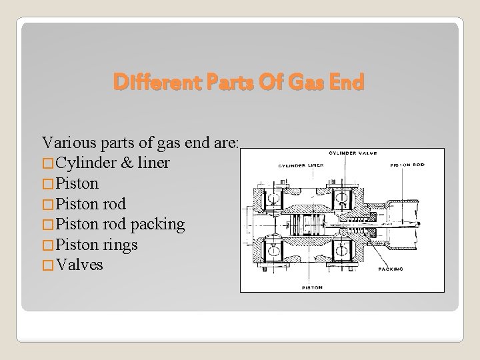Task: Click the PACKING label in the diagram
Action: pyautogui.click(x=391, y=269)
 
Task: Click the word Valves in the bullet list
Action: pyautogui.click(x=79, y=265)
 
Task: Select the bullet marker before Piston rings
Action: pyautogui.click(x=48, y=245)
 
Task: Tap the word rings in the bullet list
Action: pyautogui.click(x=120, y=245)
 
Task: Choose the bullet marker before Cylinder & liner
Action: pyautogui.click(x=48, y=163)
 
